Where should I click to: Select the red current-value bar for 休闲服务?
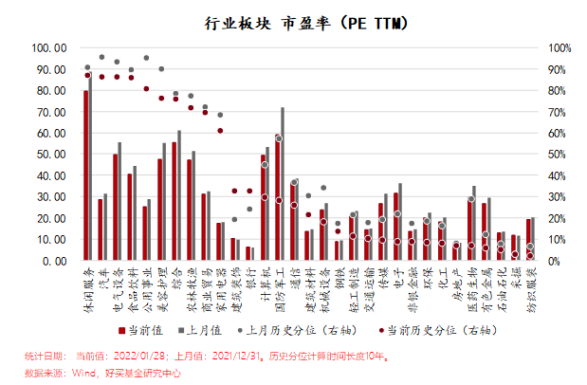point(85,175)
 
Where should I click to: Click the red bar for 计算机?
point(263,208)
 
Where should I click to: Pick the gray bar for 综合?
point(179,195)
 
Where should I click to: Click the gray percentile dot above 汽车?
point(101,57)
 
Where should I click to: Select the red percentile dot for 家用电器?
point(220,130)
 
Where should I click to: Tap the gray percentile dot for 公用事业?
point(146,58)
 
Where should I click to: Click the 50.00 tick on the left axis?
point(50,154)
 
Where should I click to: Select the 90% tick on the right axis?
point(559,68)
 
